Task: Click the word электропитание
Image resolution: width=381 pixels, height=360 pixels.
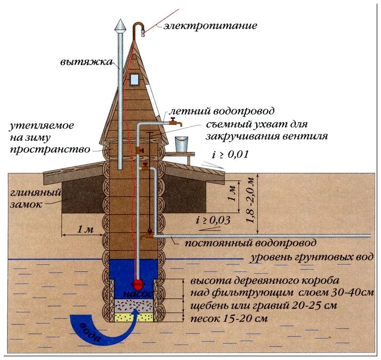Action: pos(211,25)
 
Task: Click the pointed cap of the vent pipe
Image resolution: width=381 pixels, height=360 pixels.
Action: pos(120,25)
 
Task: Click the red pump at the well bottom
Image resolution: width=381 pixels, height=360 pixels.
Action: pos(137,283)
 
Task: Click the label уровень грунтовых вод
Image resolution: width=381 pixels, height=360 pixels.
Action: pos(302,258)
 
